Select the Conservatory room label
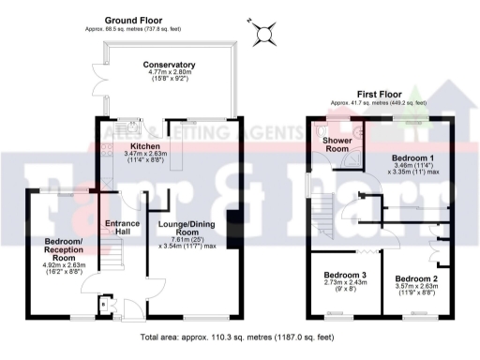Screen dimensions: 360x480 point(168,64)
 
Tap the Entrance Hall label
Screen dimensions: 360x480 point(121,227)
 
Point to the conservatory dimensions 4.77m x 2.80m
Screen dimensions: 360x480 point(168,76)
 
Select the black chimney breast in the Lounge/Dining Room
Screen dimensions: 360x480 point(232,225)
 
